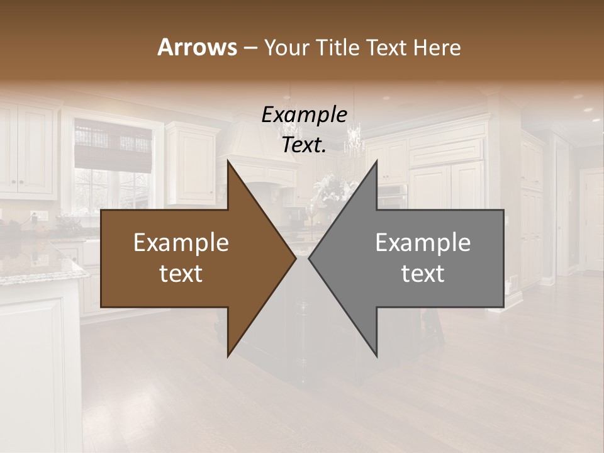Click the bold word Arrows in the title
(x=197, y=47)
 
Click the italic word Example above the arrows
(x=304, y=115)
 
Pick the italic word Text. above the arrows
(x=304, y=145)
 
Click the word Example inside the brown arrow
(x=181, y=243)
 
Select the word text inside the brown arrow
(x=181, y=274)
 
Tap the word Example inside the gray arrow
(x=423, y=243)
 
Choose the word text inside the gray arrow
(x=423, y=274)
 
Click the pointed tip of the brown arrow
(x=295, y=258)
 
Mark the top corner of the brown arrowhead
(x=228, y=161)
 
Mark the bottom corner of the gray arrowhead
(x=376, y=355)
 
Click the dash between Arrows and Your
(x=249, y=48)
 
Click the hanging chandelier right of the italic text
(x=354, y=138)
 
